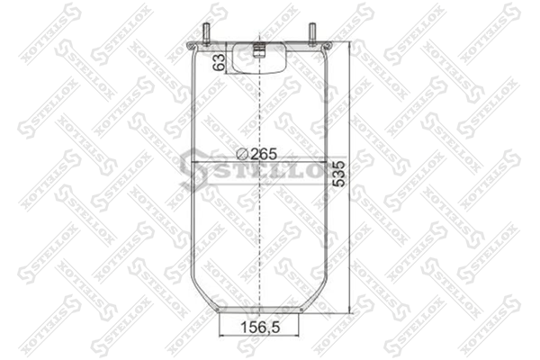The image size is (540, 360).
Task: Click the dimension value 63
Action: [220, 62]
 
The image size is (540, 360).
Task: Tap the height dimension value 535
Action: [339, 174]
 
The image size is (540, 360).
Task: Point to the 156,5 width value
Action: [260, 328]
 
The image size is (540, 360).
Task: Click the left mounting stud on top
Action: [207, 33]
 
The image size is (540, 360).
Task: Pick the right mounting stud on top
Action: [312, 33]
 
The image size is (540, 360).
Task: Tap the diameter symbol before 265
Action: [243, 154]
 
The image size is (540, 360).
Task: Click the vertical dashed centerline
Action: [259, 172]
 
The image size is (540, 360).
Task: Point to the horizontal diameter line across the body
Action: [259, 162]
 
